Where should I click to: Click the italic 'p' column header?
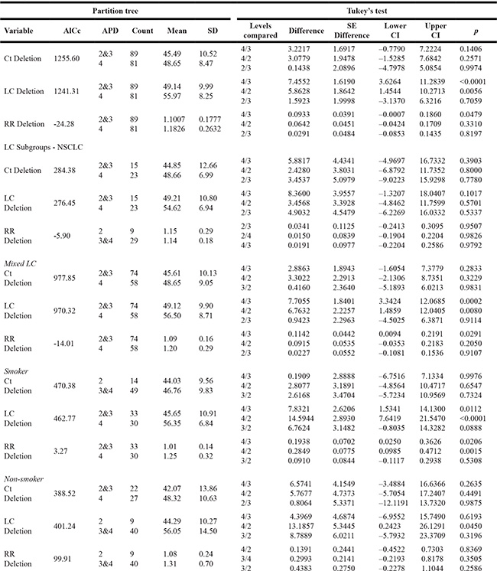[x=477, y=32]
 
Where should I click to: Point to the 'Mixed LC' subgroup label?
[x=21, y=263]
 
